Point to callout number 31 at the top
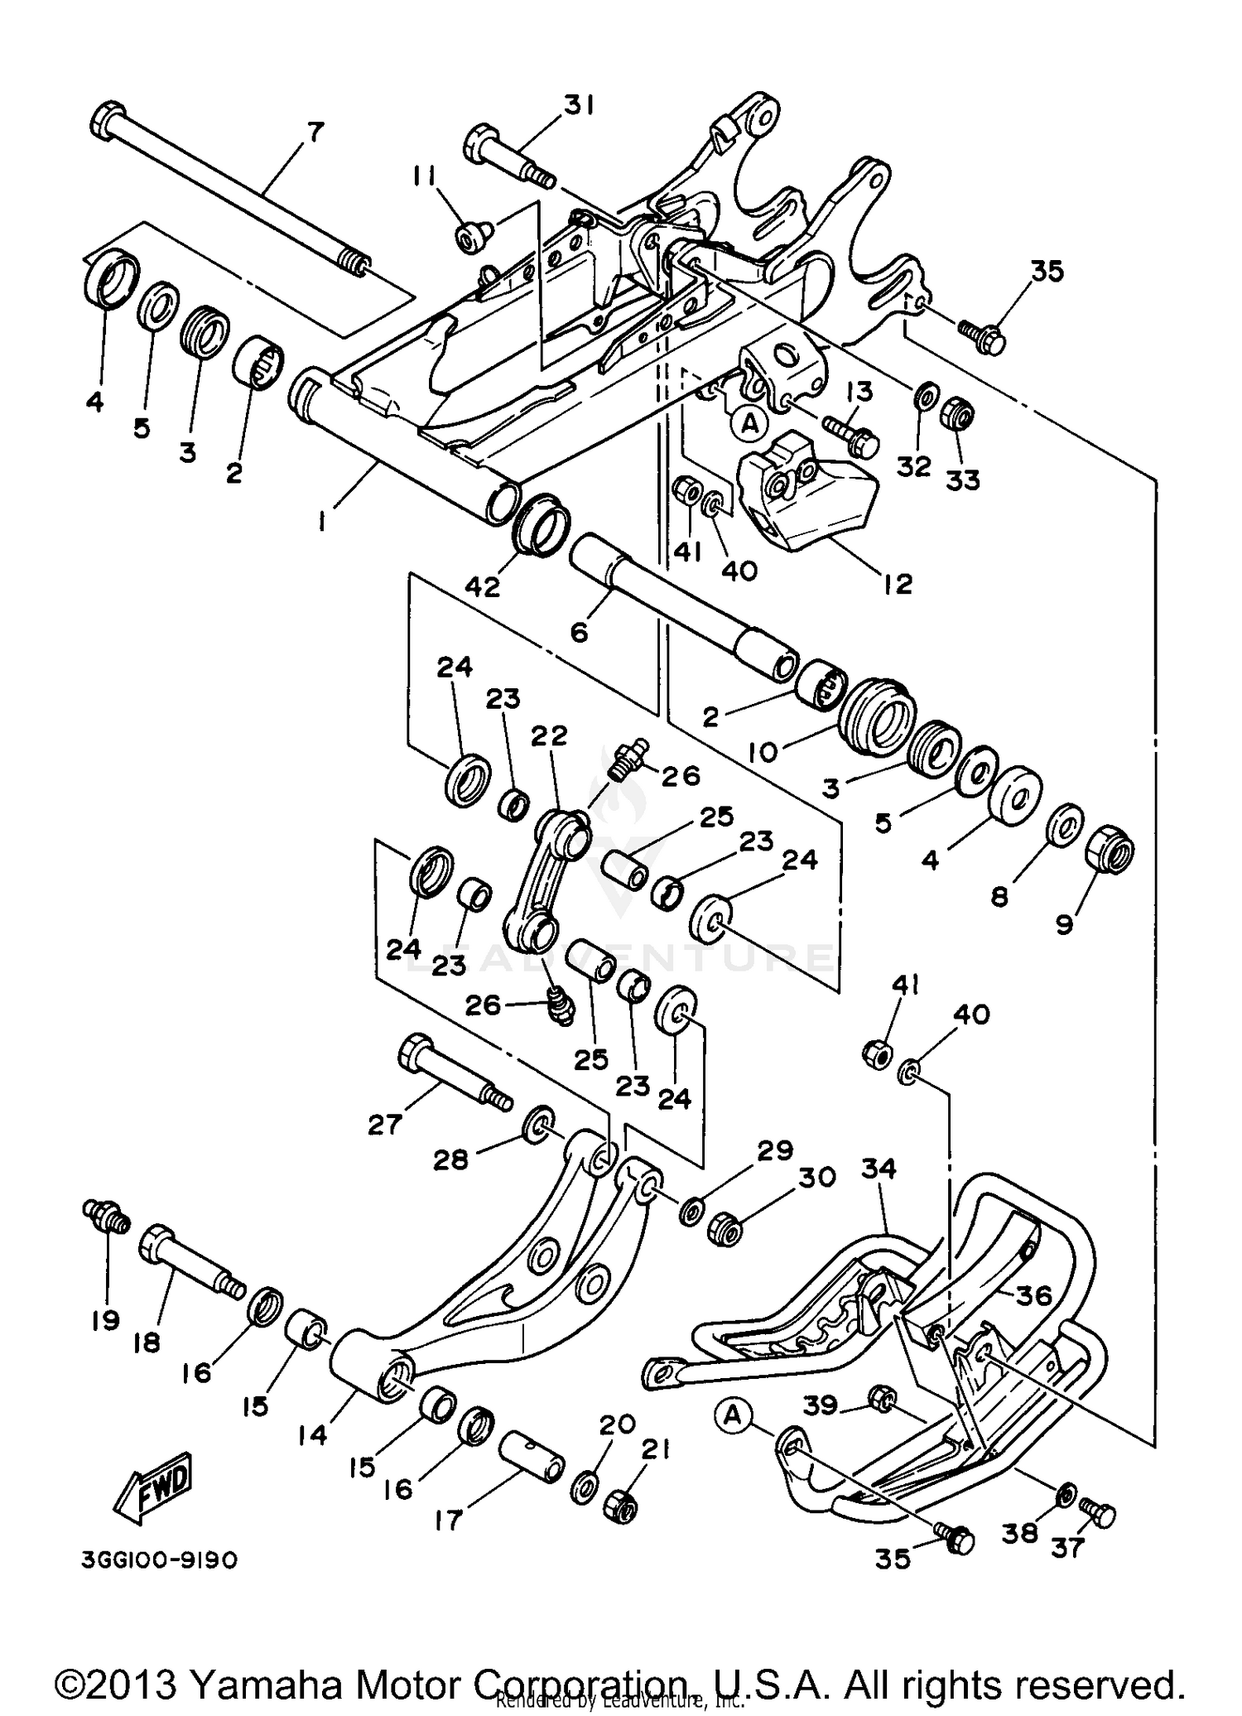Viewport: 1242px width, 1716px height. [580, 106]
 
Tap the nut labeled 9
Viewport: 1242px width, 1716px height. [1108, 849]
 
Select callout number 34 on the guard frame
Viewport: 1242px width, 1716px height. [879, 1169]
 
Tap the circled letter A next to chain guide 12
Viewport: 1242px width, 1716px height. [749, 424]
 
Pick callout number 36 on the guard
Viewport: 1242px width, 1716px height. [1033, 1294]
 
